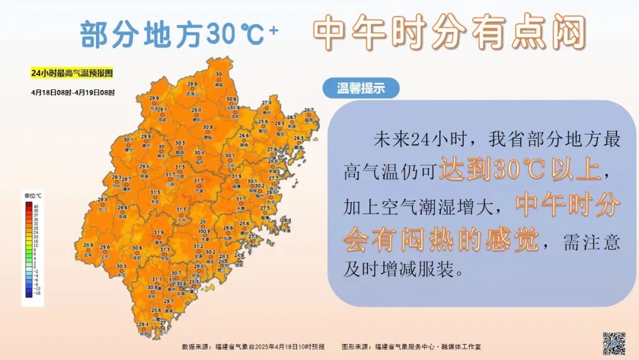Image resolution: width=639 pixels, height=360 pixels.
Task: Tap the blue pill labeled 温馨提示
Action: [x=361, y=88]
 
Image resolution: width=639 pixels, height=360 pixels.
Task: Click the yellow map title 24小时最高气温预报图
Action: [x=72, y=73]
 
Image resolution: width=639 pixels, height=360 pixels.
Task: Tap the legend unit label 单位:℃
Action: [x=33, y=195]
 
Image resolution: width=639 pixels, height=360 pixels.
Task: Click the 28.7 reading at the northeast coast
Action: [x=309, y=111]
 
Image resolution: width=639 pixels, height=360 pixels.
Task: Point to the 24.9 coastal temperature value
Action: [x=240, y=255]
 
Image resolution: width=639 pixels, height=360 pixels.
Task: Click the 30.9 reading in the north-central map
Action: [x=208, y=127]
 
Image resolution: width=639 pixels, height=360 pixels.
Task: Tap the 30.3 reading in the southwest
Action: [x=121, y=266]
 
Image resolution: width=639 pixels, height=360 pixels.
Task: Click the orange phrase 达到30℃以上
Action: [x=519, y=171]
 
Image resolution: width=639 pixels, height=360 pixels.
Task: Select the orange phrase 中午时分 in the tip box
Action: [x=568, y=205]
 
